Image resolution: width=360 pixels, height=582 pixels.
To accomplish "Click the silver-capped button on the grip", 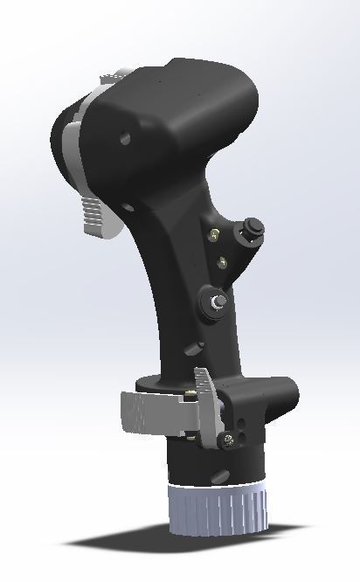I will (x=215, y=301).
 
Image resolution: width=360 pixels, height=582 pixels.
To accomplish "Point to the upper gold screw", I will (x=214, y=233).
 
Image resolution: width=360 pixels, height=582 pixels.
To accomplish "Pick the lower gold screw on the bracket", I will (x=224, y=260).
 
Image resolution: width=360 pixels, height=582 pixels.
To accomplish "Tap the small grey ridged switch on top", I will (x=110, y=80).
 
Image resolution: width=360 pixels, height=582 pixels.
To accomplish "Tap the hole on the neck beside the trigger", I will (x=128, y=209).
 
